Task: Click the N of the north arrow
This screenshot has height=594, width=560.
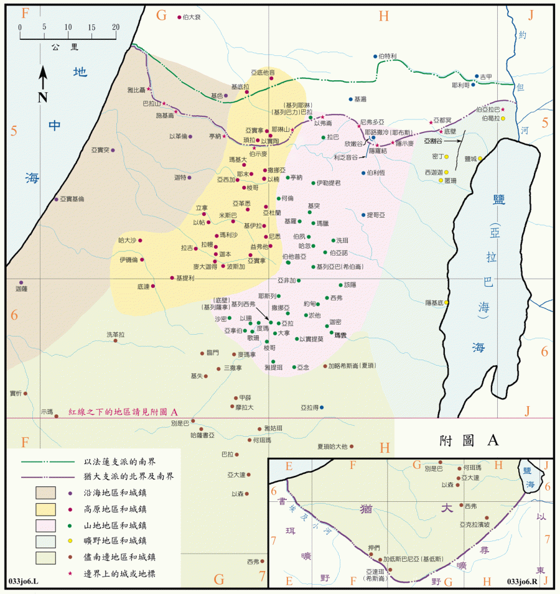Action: pyautogui.click(x=43, y=97)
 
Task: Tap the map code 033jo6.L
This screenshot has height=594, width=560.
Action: pyautogui.click(x=24, y=581)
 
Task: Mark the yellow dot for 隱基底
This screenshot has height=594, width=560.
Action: pyautogui.click(x=446, y=303)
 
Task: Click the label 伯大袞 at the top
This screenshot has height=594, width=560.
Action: pyautogui.click(x=192, y=17)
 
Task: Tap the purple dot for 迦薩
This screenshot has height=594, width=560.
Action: pyautogui.click(x=21, y=282)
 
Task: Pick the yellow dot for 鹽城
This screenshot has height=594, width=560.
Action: pyautogui.click(x=480, y=159)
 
